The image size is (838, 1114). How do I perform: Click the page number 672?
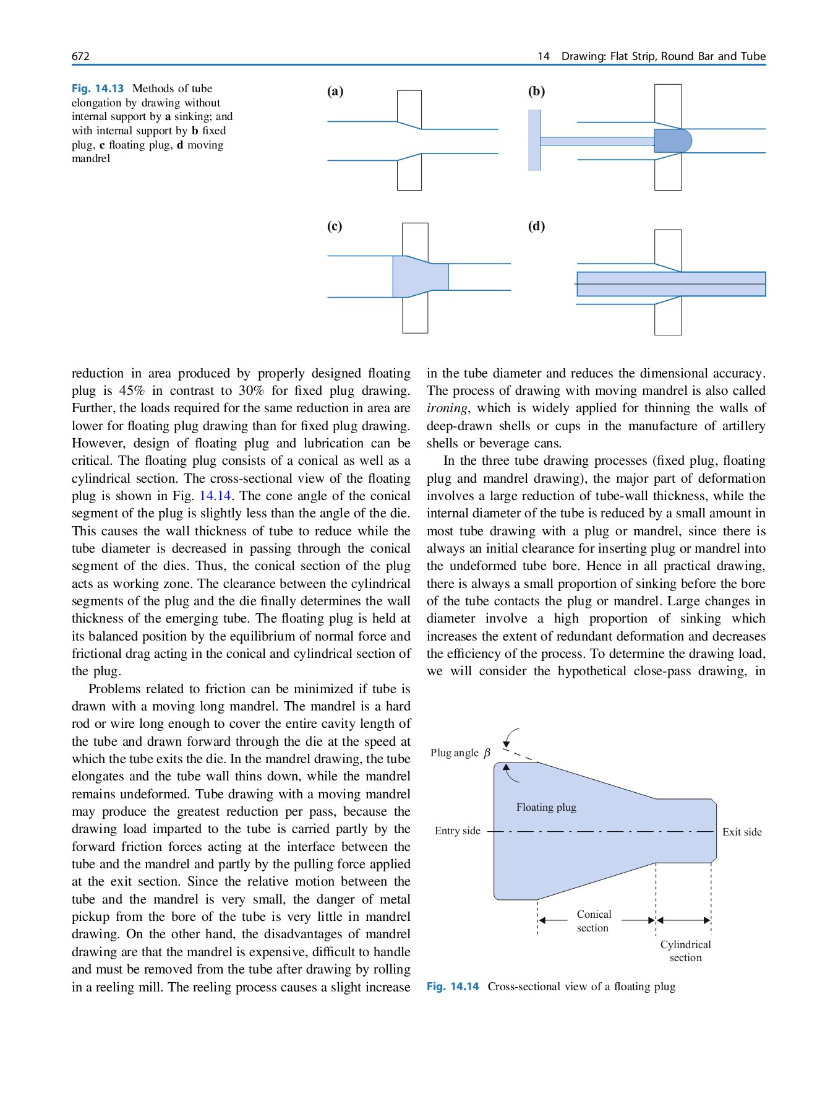(x=80, y=56)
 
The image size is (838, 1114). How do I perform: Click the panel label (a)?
(x=335, y=92)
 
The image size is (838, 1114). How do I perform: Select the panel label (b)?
(x=536, y=92)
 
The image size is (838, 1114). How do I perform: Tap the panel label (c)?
(x=335, y=226)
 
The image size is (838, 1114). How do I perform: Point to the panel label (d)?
(x=536, y=226)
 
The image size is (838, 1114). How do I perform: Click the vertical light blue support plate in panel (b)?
(x=534, y=140)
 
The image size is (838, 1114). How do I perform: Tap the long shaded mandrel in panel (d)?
(x=671, y=284)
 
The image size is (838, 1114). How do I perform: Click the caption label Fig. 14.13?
(x=98, y=89)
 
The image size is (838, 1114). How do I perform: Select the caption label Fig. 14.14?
(x=453, y=987)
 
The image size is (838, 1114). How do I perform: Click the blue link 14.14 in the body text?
(x=215, y=496)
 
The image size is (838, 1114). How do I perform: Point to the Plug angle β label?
(x=460, y=753)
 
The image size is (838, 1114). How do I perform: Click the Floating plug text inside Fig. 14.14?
(x=546, y=807)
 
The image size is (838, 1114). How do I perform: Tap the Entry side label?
(x=457, y=831)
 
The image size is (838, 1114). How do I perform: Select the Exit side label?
(x=742, y=832)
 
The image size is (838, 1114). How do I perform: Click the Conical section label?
(x=594, y=921)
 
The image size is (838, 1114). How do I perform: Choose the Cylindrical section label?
(x=685, y=951)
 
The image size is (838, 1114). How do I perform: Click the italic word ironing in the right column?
(x=447, y=408)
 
